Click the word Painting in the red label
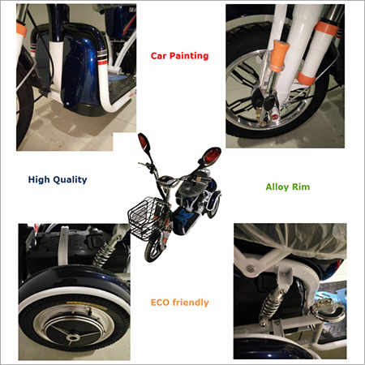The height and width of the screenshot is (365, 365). point(189,56)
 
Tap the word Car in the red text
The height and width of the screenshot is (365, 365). point(159,56)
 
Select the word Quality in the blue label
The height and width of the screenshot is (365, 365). point(70,180)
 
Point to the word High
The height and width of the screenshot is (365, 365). point(39,180)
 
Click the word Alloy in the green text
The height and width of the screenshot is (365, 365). point(277,187)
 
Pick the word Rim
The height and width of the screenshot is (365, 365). point(301,187)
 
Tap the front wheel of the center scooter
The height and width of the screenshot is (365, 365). point(152,249)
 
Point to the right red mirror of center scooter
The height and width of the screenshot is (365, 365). point(212,156)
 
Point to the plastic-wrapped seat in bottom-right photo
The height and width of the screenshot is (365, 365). point(290,238)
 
